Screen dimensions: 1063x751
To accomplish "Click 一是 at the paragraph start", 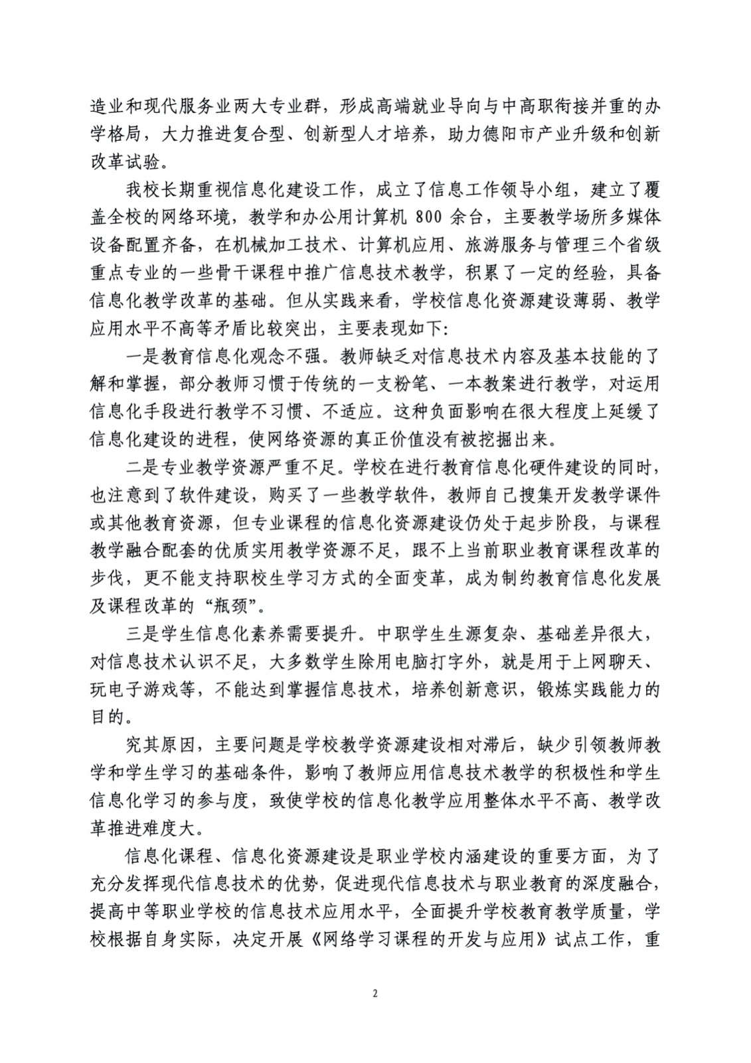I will (143, 357).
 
